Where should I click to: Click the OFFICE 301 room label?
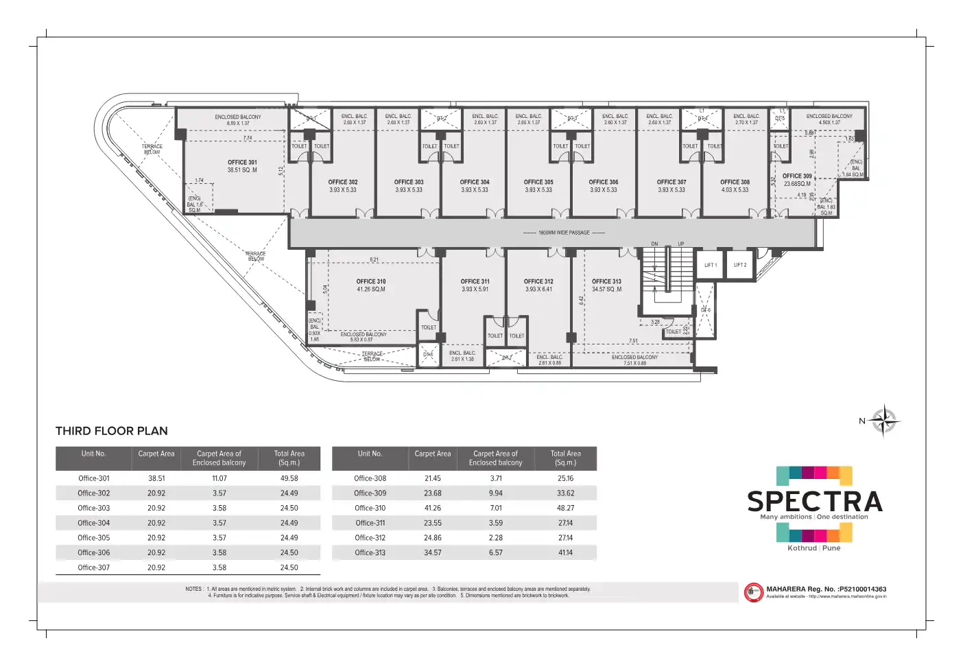click(242, 163)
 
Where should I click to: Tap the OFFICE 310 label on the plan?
click(371, 281)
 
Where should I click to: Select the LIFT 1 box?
click(711, 265)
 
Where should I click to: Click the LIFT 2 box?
click(740, 265)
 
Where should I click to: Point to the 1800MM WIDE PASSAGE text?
click(564, 233)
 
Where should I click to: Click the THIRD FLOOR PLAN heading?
click(112, 431)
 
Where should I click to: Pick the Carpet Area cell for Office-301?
click(156, 478)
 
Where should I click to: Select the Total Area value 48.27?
click(565, 508)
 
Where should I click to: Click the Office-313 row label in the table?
click(370, 552)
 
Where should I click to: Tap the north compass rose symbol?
click(884, 421)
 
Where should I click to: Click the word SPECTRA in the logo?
click(814, 502)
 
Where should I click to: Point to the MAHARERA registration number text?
click(826, 589)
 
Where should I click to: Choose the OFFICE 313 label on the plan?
click(606, 281)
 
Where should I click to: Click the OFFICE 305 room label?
click(538, 183)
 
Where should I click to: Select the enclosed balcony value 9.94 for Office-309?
click(495, 493)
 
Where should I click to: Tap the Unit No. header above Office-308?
click(370, 454)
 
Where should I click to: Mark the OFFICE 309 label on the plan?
click(797, 176)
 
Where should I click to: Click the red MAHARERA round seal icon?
click(753, 592)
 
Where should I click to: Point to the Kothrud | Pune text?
click(813, 548)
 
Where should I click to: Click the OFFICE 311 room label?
click(475, 281)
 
